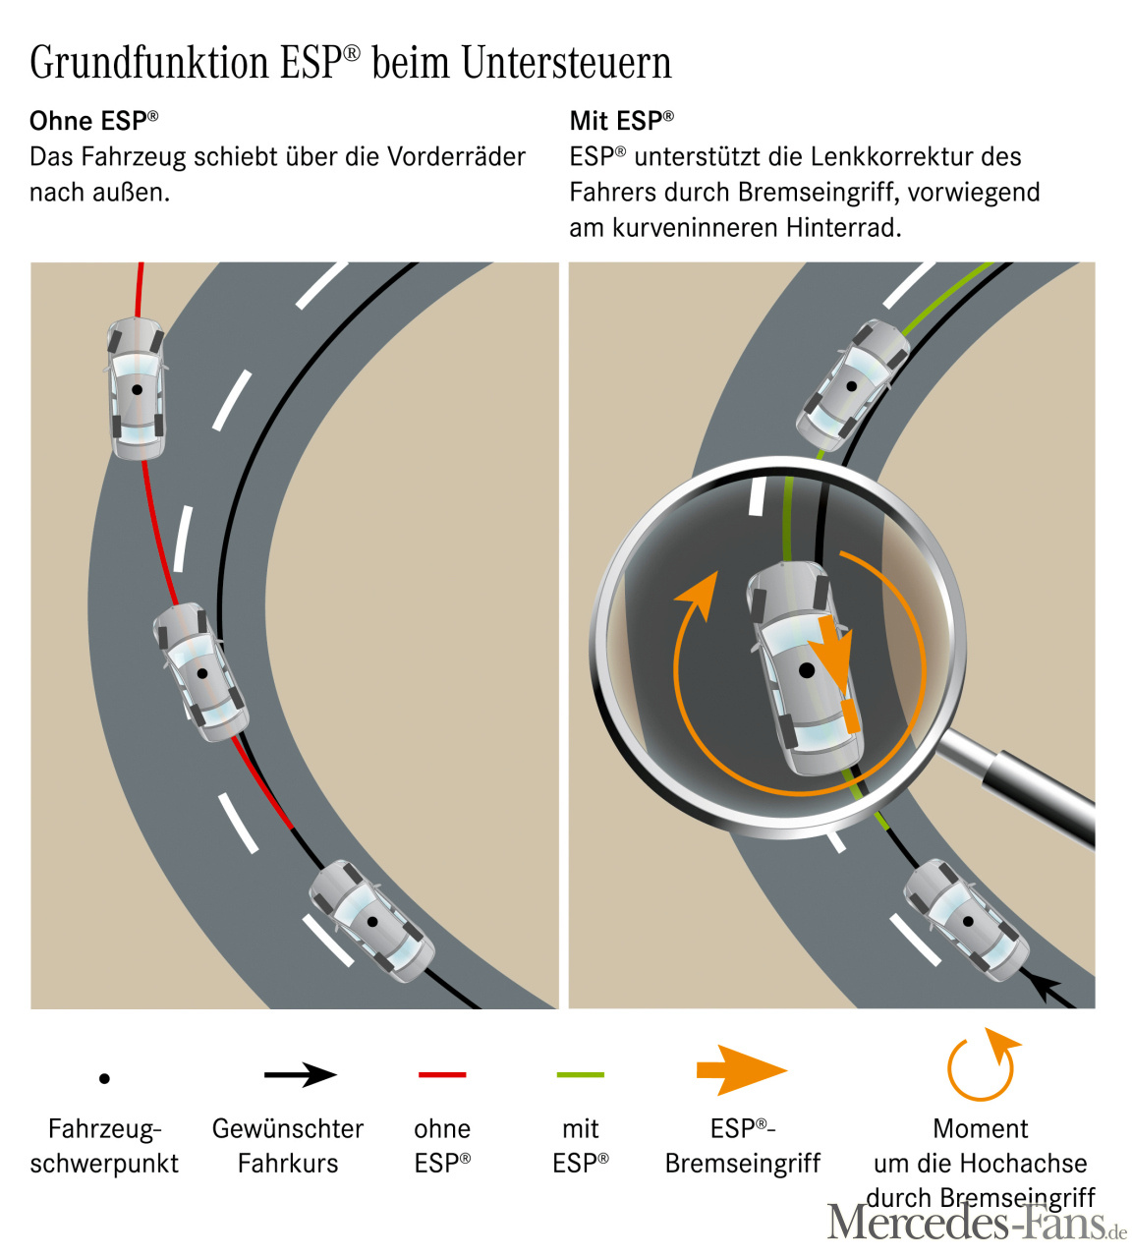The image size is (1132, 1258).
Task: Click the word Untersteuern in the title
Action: [566, 63]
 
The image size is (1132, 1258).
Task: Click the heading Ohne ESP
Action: [93, 121]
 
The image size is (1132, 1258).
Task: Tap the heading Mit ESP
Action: [621, 121]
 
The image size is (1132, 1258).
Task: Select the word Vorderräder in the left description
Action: [456, 157]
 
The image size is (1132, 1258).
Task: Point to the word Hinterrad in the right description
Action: [843, 228]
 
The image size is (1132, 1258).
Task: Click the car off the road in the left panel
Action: [137, 388]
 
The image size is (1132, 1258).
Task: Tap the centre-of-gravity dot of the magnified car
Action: [807, 669]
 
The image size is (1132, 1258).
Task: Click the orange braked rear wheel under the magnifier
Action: [851, 716]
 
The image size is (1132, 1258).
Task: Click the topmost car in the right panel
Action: [852, 385]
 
